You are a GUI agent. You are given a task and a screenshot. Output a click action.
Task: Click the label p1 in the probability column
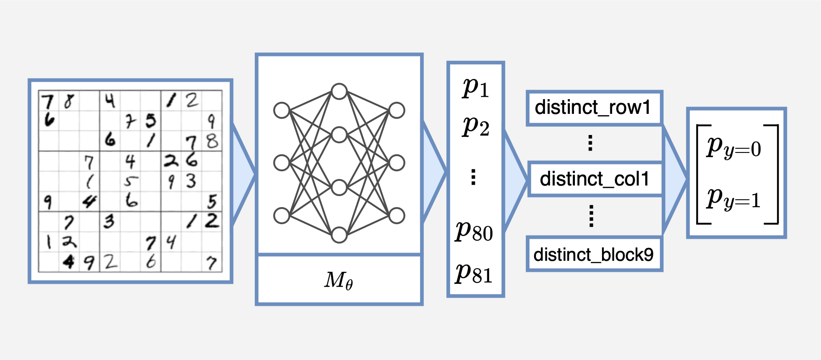point(476,87)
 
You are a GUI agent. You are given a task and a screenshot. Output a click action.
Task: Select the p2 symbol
point(476,126)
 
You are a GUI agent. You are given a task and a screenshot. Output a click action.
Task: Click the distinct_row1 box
point(594,108)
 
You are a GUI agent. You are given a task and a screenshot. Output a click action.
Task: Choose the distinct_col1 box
point(595,179)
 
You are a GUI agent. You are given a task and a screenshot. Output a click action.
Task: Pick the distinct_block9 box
point(594,254)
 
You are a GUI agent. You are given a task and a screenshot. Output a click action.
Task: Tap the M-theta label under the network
point(339,280)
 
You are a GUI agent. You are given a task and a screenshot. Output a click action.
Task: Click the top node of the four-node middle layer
point(339,91)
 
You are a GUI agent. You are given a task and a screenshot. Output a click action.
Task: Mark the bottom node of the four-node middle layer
point(339,235)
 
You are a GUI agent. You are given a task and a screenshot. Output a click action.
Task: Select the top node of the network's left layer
point(281,110)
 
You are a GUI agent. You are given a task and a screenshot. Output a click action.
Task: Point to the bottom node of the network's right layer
point(397,215)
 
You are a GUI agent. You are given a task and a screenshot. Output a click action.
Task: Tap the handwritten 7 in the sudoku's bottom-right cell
point(211,263)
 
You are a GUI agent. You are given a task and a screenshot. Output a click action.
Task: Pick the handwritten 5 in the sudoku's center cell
point(130,181)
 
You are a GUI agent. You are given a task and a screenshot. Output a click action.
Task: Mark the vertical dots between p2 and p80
point(473,177)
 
